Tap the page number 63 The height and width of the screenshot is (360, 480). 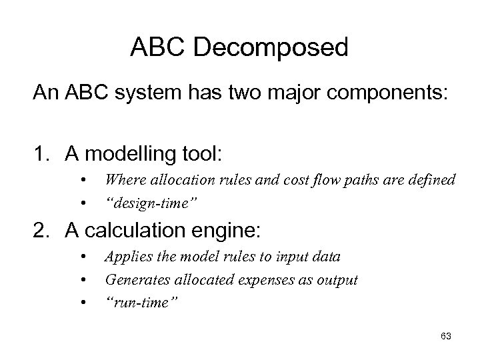445,337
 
